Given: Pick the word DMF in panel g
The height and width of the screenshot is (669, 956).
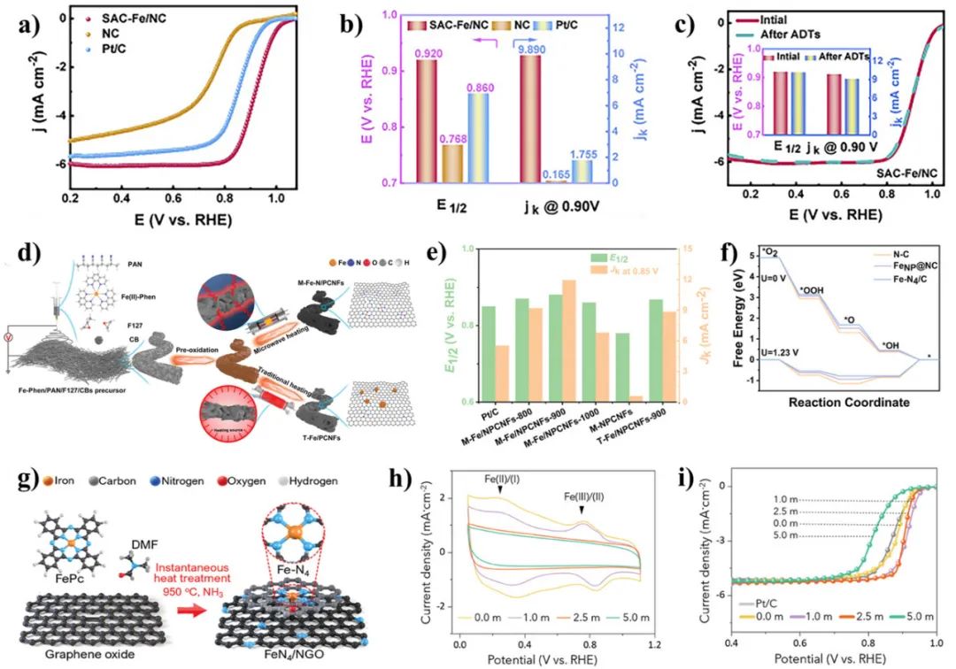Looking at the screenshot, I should point(132,523).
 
